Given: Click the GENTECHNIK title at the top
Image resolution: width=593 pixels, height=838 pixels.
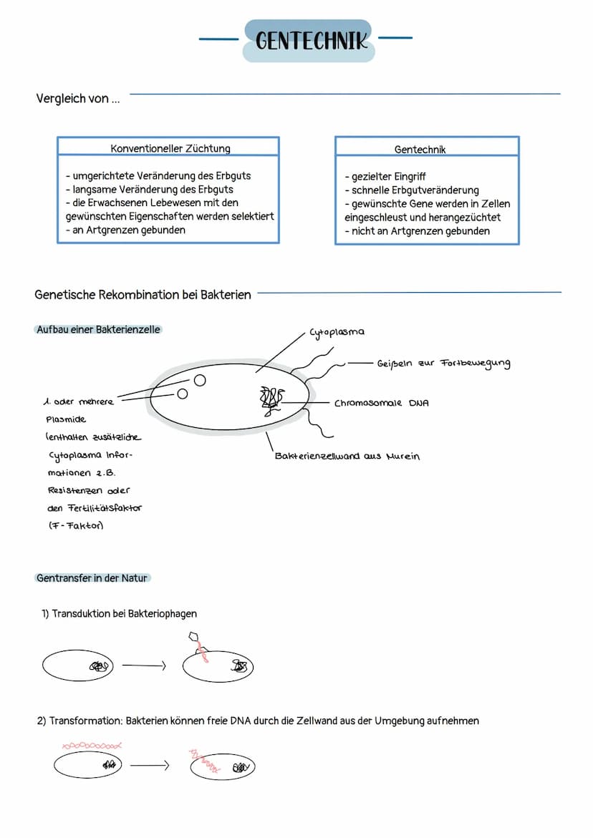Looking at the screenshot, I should pos(310,41).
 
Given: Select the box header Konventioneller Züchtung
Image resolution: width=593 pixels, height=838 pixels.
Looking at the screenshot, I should pos(170,149).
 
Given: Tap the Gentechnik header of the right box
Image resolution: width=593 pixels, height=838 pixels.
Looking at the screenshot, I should pos(420,150).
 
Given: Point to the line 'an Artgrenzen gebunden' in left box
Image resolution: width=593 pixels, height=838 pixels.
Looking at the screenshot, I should pos(125,230).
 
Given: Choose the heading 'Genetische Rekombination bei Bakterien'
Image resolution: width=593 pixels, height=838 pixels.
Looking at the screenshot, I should pos(143,295).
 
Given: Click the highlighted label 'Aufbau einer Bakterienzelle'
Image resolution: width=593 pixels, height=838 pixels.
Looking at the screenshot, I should pos(98,330).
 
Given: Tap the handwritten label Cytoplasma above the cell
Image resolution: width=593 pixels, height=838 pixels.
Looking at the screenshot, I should pos(337,333).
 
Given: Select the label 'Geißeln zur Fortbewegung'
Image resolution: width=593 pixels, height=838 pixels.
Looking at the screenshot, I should pos(443,364).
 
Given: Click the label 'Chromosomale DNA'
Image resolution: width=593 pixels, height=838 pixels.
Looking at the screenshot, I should pos(381,404).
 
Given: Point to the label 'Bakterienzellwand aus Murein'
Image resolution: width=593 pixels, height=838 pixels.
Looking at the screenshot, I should pos(347,457).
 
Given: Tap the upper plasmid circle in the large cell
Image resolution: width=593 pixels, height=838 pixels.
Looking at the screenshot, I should pos(200,381).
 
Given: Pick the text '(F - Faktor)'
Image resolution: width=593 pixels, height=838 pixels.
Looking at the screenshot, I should pos(76,526).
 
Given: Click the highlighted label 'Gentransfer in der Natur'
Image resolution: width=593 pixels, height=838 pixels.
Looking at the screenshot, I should pos(93,578).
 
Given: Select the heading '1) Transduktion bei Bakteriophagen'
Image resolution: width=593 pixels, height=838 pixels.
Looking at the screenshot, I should pos(119,614).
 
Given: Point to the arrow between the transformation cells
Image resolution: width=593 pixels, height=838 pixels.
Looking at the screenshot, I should pos(149,766).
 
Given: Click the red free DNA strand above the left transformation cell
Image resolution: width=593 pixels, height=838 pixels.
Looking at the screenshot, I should pos(92,746).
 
